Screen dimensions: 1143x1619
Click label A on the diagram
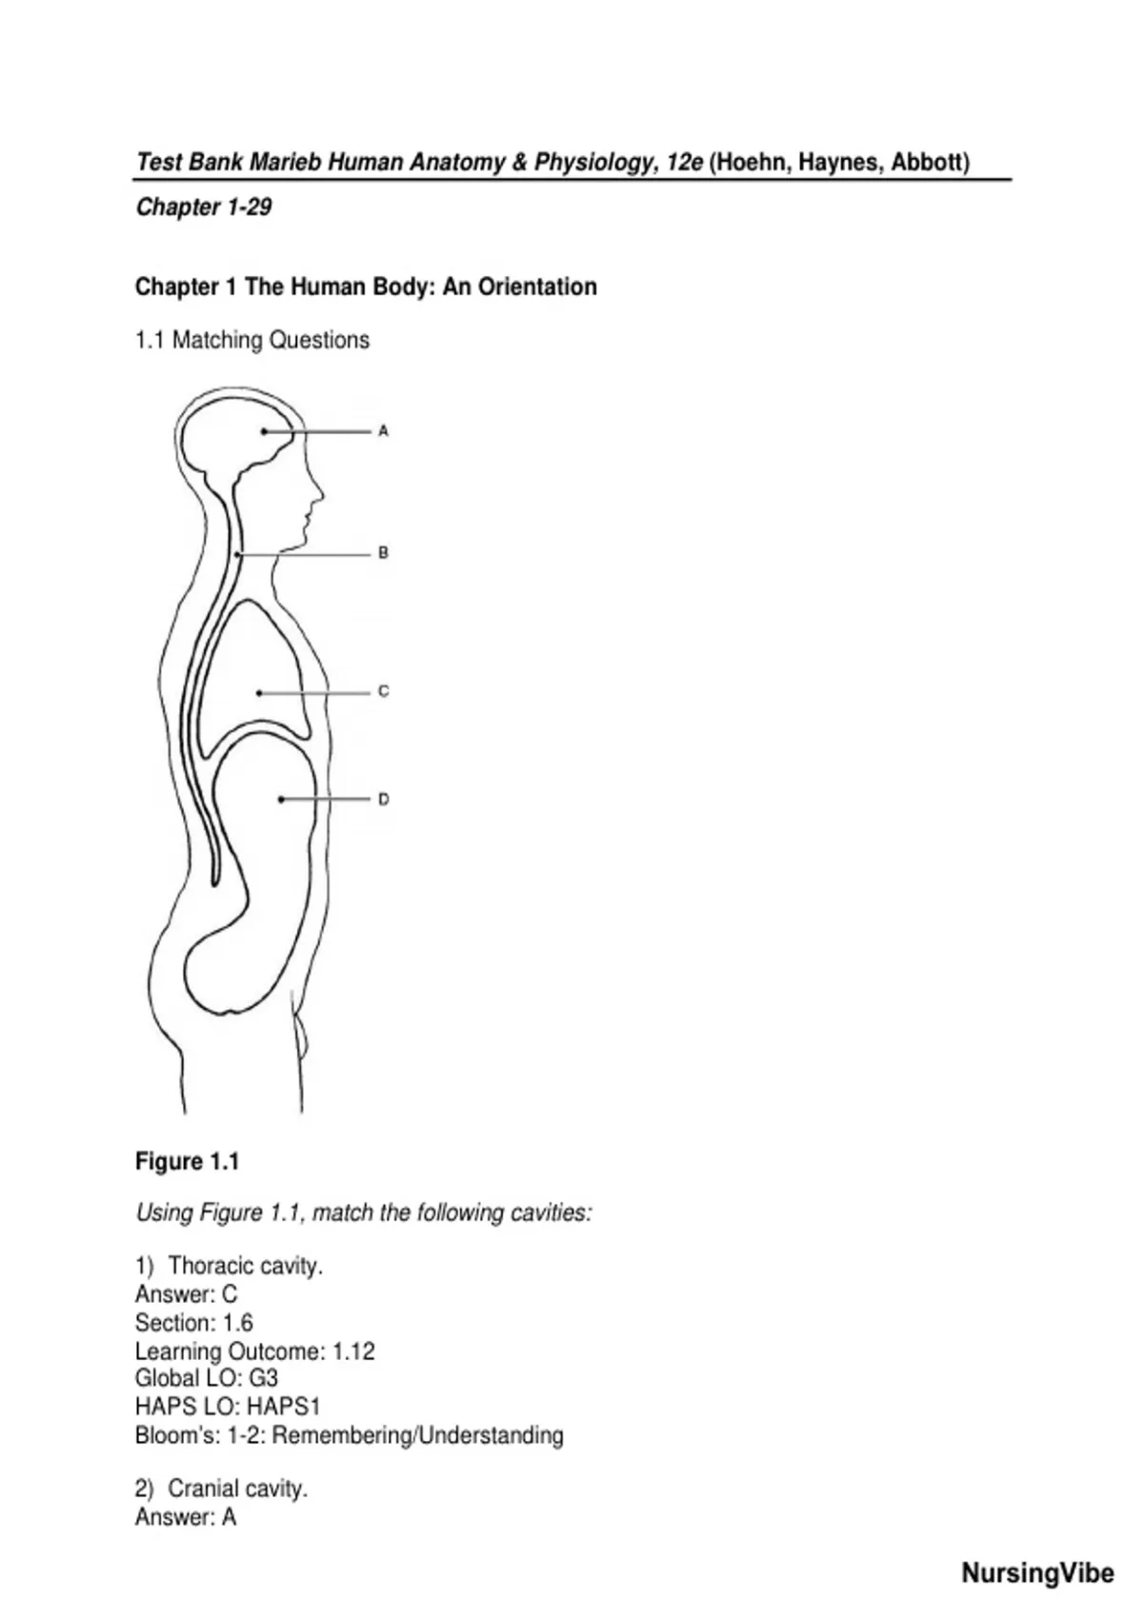383,431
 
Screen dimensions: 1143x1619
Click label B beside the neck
383,553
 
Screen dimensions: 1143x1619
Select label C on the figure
383,691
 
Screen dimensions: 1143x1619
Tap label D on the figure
383,799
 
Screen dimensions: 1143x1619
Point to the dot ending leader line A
265,431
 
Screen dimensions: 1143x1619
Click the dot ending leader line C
259,693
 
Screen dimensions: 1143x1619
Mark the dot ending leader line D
281,799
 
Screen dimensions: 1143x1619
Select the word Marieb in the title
287,162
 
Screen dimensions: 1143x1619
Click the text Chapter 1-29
204,208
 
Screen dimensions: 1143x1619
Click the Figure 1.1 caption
188,1162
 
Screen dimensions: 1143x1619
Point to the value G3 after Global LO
263,1378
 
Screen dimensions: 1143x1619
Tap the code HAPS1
284,1406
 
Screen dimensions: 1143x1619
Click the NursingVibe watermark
1037,1572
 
